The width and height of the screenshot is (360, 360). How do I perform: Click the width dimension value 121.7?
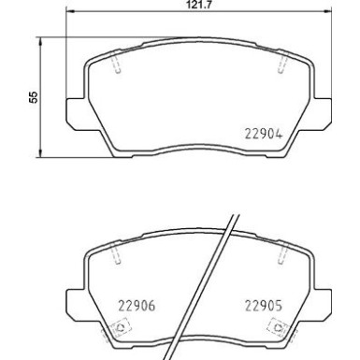(x=195, y=6)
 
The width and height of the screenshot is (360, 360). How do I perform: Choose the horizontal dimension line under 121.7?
(x=195, y=14)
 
